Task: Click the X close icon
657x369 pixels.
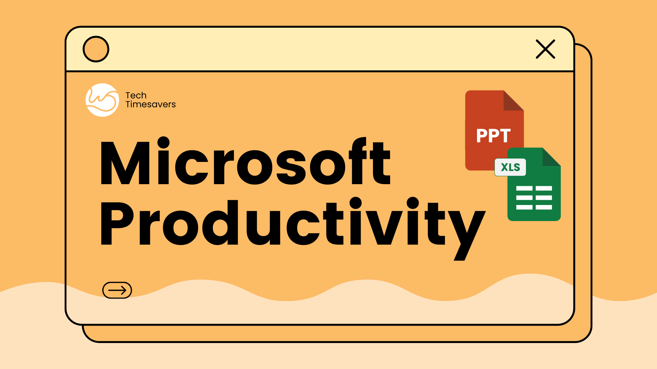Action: coord(545,49)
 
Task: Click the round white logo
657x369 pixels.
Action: coord(102,100)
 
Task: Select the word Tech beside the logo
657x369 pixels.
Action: coord(136,95)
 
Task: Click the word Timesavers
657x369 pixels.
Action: coord(151,104)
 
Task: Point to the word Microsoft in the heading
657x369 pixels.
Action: coord(245,161)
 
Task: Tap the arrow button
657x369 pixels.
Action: coord(117,290)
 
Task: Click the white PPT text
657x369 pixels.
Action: coord(493,136)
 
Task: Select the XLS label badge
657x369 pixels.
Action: coord(510,167)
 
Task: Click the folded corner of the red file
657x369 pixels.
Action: coord(514,100)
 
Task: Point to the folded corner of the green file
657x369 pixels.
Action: coord(552,157)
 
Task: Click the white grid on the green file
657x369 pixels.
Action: coord(534,197)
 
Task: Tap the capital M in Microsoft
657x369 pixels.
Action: coord(125,163)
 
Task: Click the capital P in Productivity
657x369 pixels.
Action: coord(117,223)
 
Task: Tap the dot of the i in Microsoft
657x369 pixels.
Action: coord(164,143)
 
